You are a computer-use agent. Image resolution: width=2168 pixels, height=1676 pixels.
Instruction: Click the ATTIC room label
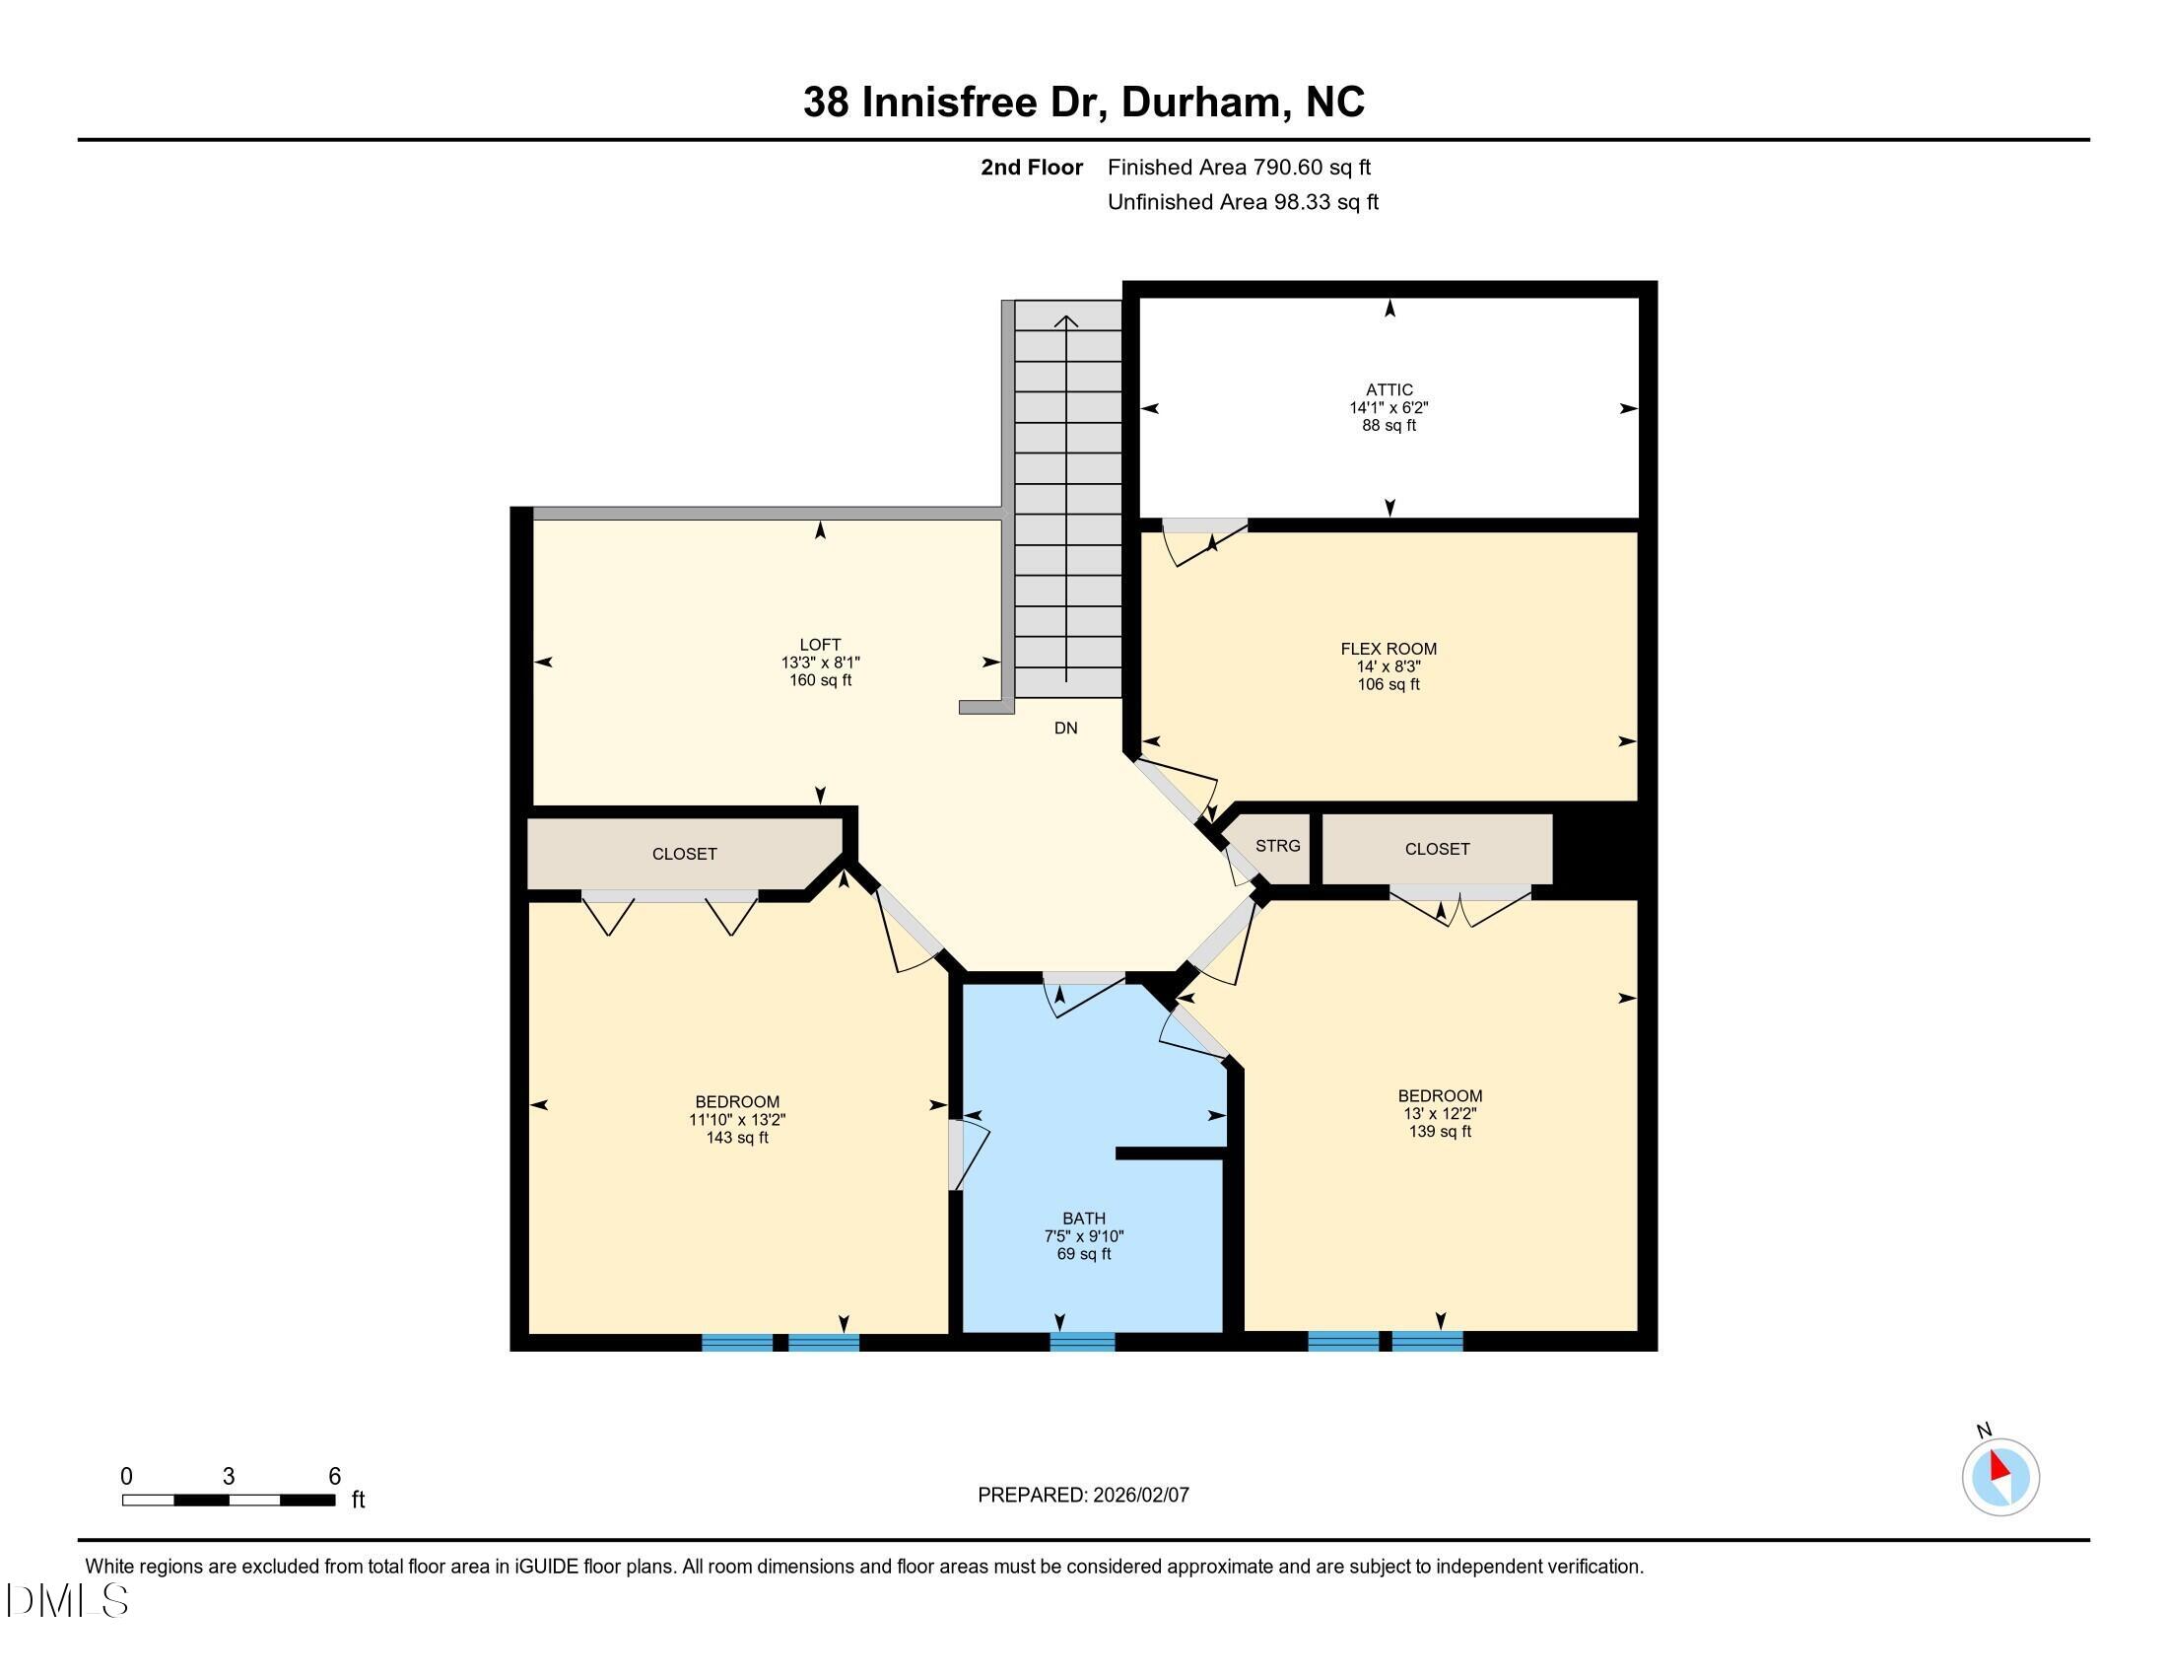[1388, 390]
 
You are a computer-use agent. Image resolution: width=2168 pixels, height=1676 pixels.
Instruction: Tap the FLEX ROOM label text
[1388, 649]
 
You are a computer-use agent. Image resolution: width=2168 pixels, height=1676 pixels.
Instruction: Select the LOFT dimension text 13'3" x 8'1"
[819, 663]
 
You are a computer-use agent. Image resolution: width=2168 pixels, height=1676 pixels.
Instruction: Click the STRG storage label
[1276, 846]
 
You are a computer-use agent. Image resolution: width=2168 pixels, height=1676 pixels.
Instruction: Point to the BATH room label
[1083, 1219]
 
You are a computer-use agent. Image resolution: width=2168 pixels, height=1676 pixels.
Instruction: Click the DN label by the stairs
[1065, 728]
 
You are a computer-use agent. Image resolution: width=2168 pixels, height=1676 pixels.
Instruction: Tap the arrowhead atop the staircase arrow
[1066, 319]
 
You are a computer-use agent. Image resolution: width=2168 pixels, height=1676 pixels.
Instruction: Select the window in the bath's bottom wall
[1082, 1342]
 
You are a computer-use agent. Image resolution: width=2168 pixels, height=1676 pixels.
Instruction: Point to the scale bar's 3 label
[229, 1477]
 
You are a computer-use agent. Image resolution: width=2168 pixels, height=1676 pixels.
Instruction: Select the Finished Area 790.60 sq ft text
[1238, 167]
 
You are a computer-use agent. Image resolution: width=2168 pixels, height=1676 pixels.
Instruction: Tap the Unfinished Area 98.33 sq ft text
[1242, 201]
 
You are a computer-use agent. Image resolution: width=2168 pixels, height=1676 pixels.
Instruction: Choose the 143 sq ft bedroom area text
[736, 1138]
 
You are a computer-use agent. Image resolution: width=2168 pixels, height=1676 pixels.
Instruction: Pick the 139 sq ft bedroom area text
[1440, 1131]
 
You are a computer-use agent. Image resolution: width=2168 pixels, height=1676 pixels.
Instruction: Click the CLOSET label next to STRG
[1437, 849]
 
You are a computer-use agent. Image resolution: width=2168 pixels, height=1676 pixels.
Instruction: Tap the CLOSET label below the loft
[684, 854]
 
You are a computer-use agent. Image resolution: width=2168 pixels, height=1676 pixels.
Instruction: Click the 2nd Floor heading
[1031, 167]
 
